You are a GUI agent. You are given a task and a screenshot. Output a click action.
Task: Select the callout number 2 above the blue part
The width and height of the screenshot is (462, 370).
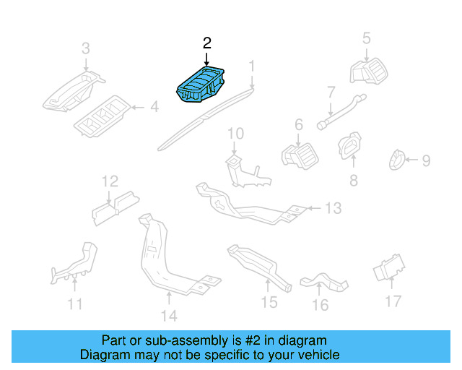point(207,44)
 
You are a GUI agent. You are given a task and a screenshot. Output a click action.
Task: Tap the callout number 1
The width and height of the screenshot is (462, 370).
point(252,66)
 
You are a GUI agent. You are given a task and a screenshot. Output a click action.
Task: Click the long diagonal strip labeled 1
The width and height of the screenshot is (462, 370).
point(206,117)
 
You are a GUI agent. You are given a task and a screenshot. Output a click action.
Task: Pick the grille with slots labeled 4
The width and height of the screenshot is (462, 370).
point(101,116)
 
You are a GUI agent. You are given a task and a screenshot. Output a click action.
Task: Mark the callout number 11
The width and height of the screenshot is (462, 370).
point(75,304)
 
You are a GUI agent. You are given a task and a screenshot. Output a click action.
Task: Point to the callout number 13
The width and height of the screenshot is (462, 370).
point(332,209)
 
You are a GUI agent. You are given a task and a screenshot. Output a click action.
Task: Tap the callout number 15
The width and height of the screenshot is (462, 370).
point(269,303)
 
